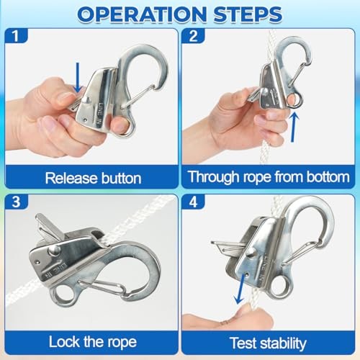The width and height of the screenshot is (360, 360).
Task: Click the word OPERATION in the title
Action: pyautogui.click(x=142, y=14)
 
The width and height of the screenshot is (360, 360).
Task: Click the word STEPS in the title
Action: pyautogui.click(x=248, y=14)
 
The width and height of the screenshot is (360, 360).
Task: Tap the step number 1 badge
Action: pyautogui.click(x=16, y=36)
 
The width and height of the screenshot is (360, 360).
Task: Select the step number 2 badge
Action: pyautogui.click(x=193, y=36)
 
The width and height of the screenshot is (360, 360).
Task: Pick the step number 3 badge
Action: pyautogui.click(x=16, y=202)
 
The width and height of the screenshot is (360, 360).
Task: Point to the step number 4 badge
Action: pyautogui.click(x=193, y=202)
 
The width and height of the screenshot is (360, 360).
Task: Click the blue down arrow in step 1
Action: pyautogui.click(x=77, y=78)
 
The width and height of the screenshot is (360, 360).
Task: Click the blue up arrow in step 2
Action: pyautogui.click(x=293, y=127)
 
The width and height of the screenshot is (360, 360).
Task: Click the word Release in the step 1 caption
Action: pyautogui.click(x=71, y=179)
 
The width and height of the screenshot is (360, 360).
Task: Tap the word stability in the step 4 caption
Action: pyautogui.click(x=284, y=343)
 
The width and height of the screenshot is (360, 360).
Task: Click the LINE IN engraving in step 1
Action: pyautogui.click(x=99, y=114)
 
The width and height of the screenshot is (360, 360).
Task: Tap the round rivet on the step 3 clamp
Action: pyautogui.click(x=54, y=251)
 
